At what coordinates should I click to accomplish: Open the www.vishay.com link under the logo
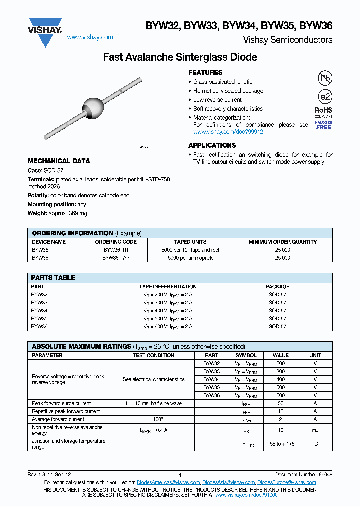[x=90, y=37]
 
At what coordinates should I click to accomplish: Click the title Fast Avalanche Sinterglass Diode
[x=180, y=57]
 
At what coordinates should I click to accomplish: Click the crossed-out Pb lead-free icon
[x=325, y=78]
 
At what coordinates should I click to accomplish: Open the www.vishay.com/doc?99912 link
[x=228, y=132]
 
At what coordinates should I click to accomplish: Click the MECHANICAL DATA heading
[x=59, y=161]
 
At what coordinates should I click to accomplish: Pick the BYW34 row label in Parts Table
[x=39, y=310]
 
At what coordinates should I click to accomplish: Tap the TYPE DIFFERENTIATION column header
[x=167, y=287]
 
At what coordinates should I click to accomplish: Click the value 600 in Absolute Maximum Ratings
[x=280, y=395]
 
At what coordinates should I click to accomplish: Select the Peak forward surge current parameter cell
[x=61, y=403]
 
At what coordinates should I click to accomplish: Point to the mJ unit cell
[x=315, y=430]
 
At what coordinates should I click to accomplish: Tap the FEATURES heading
[x=205, y=72]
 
